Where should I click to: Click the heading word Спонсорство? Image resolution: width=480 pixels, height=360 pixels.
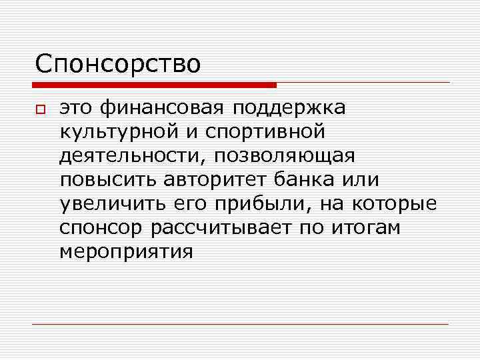click(118, 64)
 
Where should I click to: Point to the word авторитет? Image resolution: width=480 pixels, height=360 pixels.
click(213, 180)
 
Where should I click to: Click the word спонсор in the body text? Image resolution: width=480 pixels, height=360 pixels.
click(101, 228)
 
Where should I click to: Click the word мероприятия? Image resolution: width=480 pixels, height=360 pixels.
click(126, 252)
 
